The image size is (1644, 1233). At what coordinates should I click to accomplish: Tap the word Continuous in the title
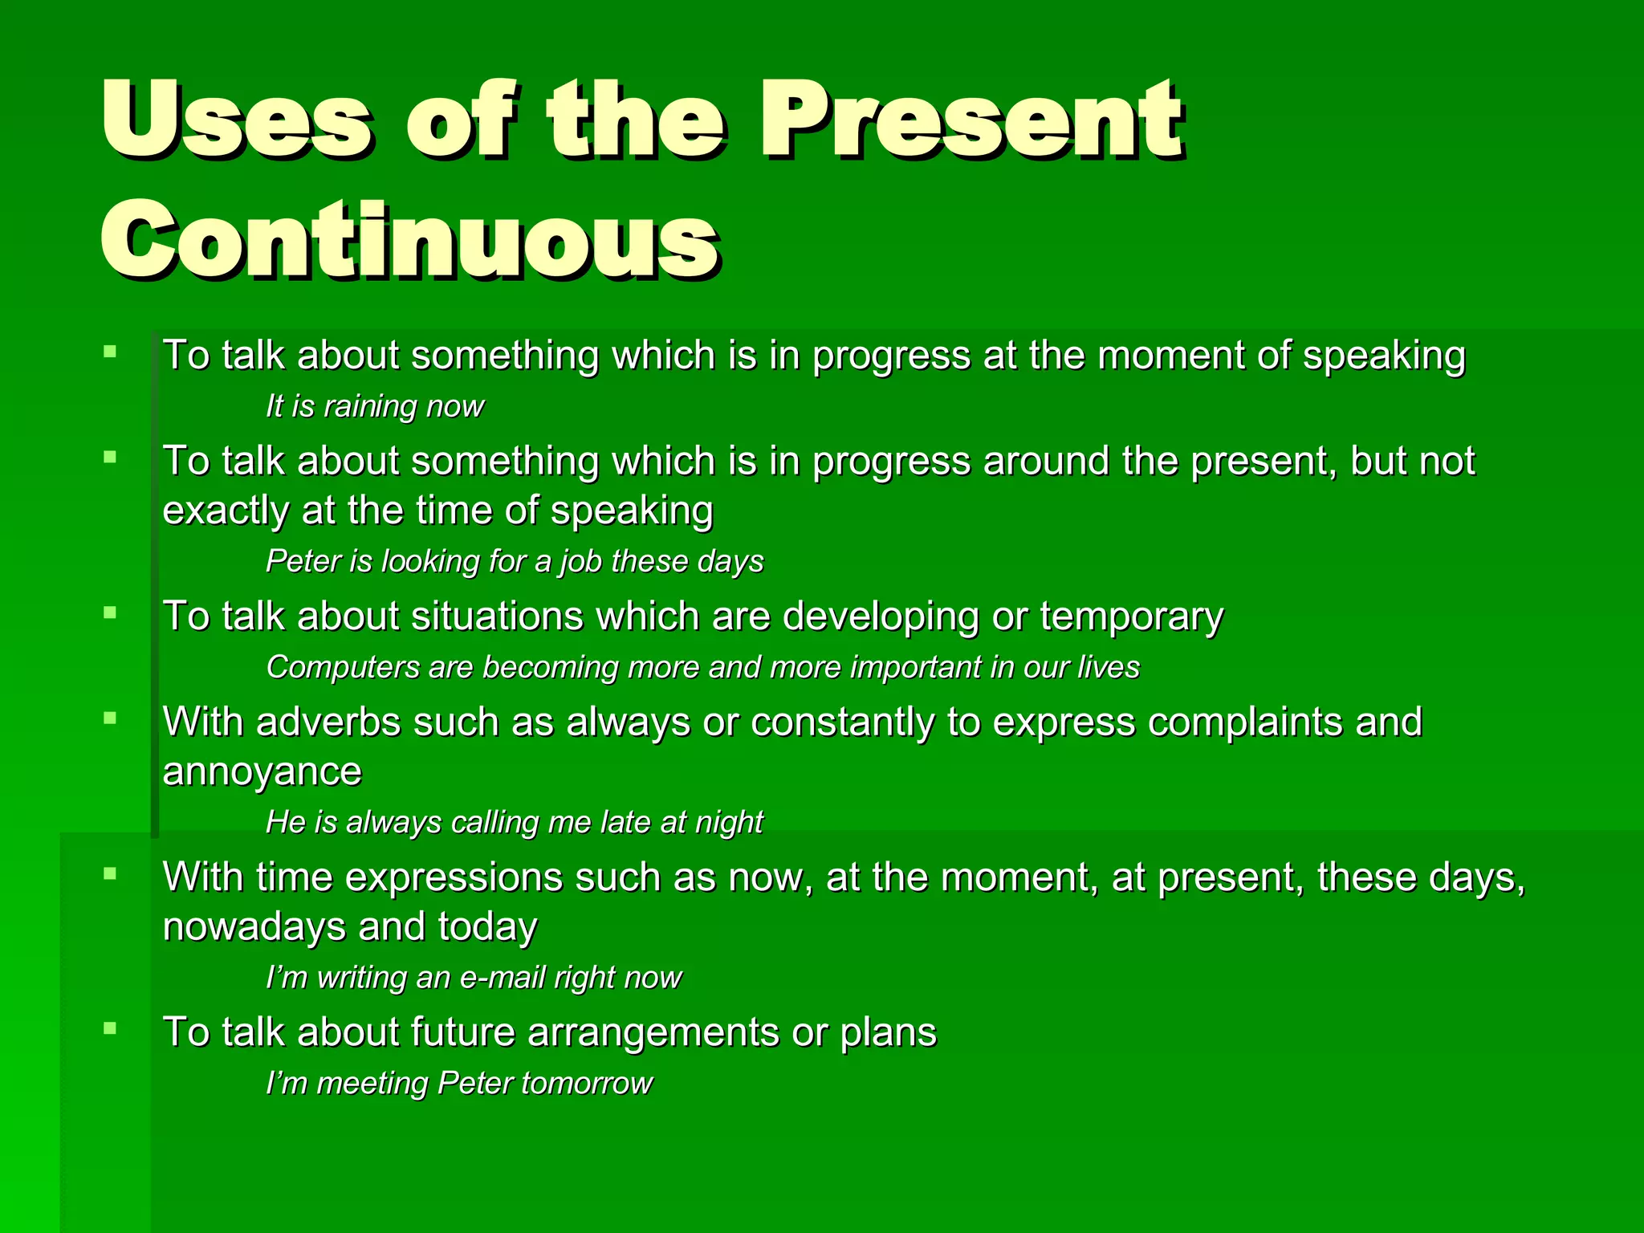(409, 239)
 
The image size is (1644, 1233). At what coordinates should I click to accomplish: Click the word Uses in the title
(237, 120)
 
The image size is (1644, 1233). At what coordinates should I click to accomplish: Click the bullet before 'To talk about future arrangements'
(111, 1028)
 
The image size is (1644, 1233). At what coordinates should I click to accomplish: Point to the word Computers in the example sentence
(343, 667)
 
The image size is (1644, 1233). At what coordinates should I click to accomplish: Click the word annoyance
(262, 772)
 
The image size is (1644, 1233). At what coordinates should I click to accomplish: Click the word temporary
(1131, 616)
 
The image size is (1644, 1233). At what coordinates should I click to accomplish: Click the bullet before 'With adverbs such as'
(111, 718)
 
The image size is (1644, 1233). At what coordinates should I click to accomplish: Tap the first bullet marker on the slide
(111, 351)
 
